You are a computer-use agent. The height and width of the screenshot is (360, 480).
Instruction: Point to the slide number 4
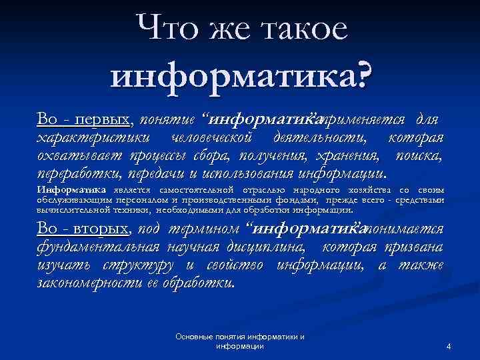tap(449, 347)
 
